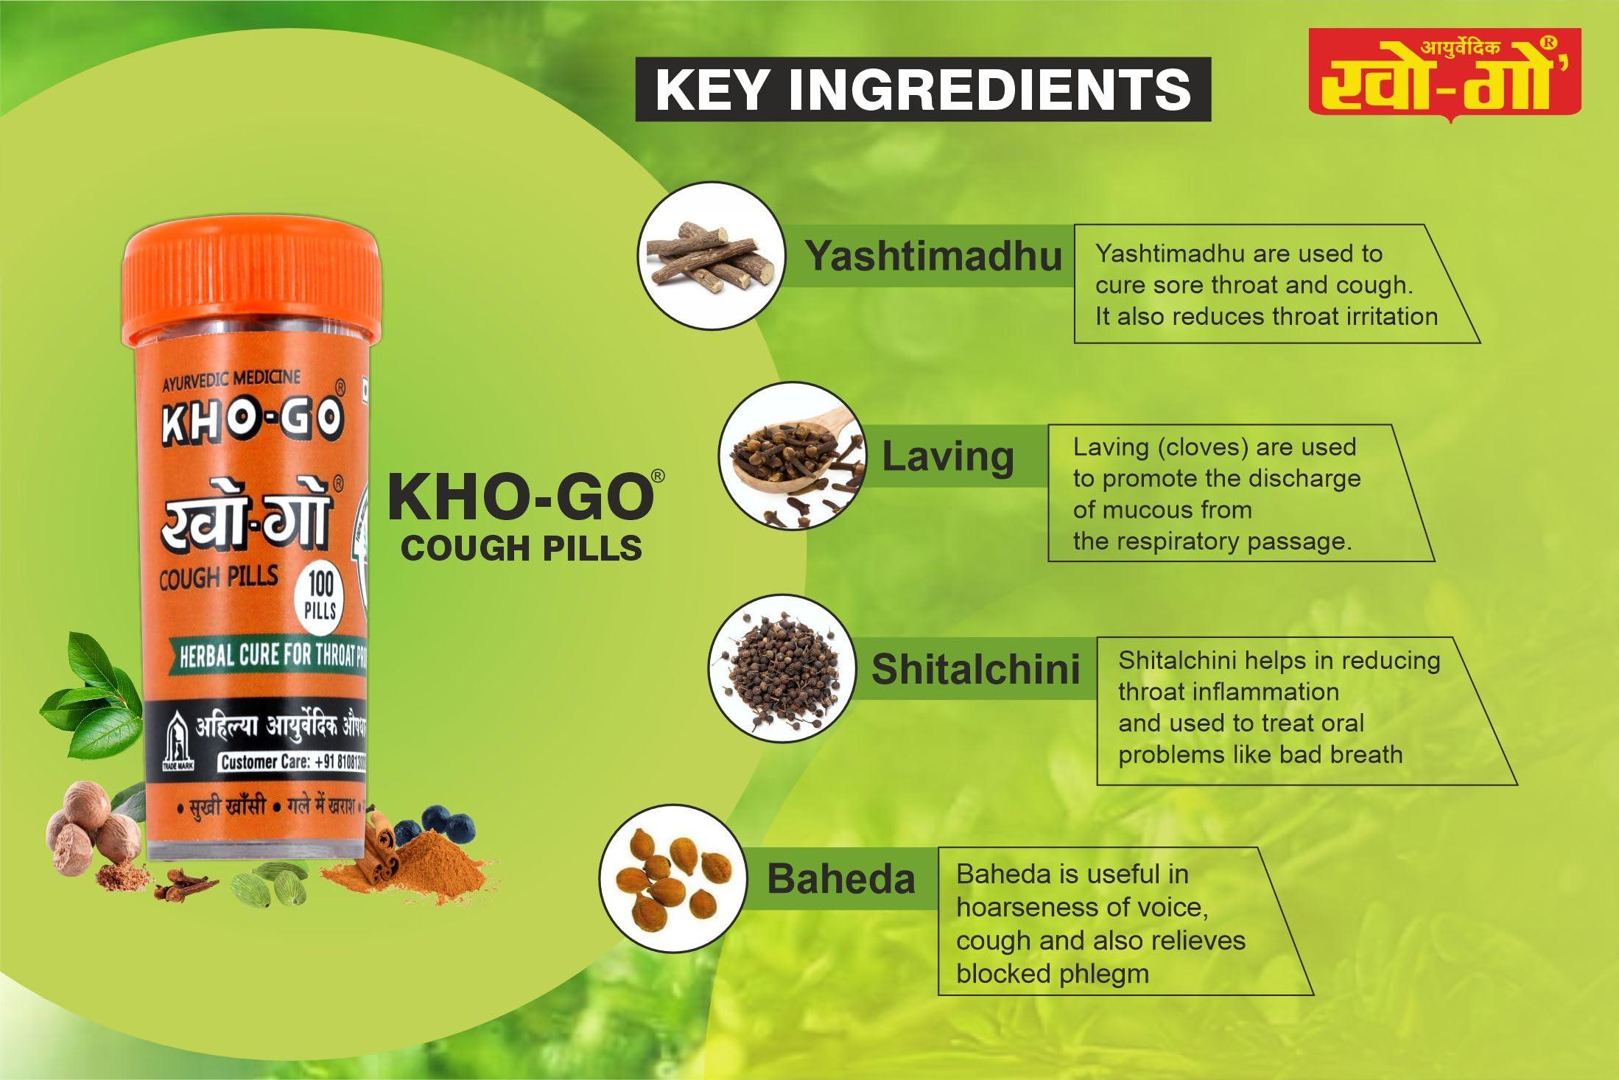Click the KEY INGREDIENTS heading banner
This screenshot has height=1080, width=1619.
point(923,89)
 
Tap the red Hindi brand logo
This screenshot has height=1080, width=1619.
point(1444,75)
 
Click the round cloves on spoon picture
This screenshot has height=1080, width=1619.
point(793,455)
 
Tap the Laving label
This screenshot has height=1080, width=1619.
point(948,457)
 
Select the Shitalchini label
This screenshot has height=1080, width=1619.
point(975,669)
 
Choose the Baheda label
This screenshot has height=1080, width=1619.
point(840,879)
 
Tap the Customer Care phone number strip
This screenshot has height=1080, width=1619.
point(292,762)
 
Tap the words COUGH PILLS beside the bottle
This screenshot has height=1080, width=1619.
point(521,548)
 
